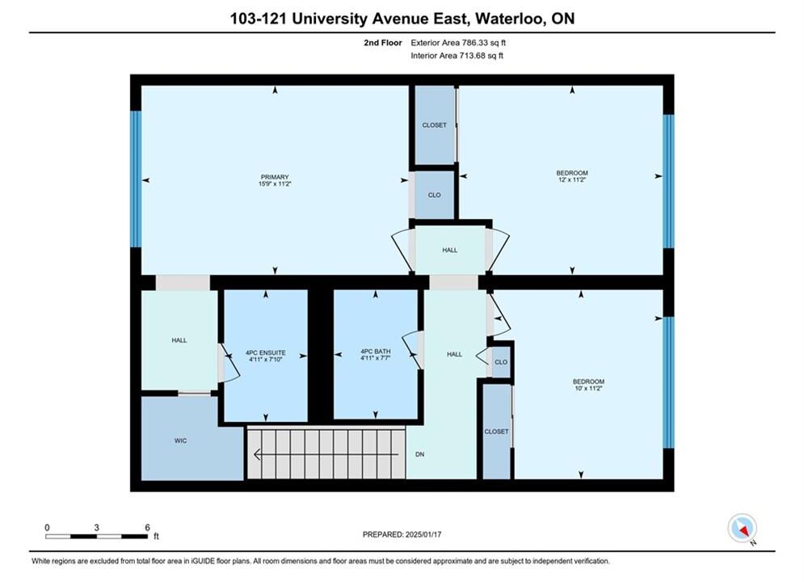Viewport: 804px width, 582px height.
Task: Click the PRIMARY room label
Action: pos(275,177)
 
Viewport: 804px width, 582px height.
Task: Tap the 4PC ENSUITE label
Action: pos(266,352)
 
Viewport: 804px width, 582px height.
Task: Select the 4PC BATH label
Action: pos(376,352)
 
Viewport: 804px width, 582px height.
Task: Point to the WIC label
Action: pos(180,441)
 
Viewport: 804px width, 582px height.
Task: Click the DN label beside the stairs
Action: pos(420,454)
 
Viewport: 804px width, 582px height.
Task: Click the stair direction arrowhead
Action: pos(258,454)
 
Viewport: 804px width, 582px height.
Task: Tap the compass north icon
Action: pos(743,528)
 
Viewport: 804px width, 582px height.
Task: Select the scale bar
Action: pos(96,537)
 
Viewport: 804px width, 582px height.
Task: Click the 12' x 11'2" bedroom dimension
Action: pos(572,180)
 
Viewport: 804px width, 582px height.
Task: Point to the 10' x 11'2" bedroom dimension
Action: pos(588,388)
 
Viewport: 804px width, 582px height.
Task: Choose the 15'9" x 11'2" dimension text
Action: pos(275,183)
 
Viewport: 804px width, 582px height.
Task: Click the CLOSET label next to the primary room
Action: pos(434,125)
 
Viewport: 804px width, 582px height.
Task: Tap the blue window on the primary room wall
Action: pos(136,179)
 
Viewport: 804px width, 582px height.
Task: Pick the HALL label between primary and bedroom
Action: pos(450,251)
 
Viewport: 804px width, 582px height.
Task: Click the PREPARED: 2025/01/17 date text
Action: pos(402,534)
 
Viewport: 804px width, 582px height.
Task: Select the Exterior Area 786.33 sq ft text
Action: pos(458,43)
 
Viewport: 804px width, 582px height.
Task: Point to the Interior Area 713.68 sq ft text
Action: pos(457,56)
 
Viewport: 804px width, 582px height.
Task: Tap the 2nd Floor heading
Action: pos(383,43)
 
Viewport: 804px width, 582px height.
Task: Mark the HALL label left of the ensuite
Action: pos(179,340)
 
